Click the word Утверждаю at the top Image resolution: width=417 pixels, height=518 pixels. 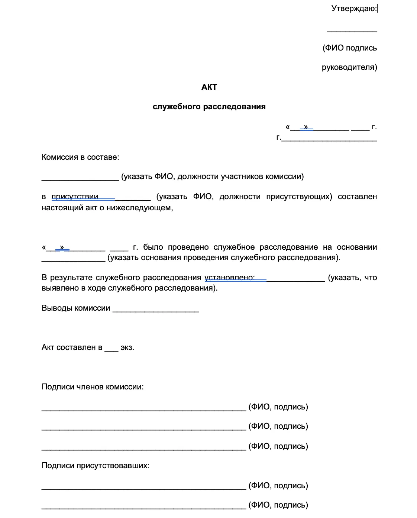point(353,9)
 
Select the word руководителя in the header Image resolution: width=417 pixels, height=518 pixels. point(349,67)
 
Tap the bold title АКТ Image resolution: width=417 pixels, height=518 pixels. point(209,87)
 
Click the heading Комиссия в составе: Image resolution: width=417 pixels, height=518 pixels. point(80,157)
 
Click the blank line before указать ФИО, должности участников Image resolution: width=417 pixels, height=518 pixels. point(80,179)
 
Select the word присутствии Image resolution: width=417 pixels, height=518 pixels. point(75,197)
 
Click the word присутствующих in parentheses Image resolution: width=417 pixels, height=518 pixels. point(299,197)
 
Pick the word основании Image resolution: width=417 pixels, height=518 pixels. point(356,247)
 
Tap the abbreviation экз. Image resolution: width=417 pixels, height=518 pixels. point(127,348)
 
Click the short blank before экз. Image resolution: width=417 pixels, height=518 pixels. point(111,350)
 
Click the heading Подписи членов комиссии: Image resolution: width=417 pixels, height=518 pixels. point(93,387)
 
